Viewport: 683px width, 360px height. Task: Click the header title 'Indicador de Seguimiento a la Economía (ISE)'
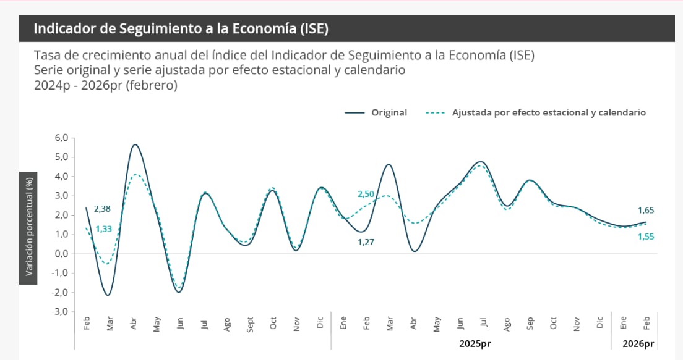point(180,29)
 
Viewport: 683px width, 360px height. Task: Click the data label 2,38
point(101,209)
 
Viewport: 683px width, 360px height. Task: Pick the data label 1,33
point(103,229)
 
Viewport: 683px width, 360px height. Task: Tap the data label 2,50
point(366,195)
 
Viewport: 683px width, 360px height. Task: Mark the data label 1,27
point(366,242)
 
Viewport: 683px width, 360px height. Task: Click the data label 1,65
point(645,211)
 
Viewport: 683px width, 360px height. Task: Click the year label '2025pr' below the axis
point(475,343)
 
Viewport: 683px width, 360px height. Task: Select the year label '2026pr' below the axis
point(638,343)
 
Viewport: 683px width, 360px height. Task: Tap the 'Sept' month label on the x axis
point(250,324)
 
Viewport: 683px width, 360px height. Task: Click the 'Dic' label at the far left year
point(320,322)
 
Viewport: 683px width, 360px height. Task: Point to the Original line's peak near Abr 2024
point(134,144)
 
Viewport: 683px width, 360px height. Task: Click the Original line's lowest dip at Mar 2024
point(108,295)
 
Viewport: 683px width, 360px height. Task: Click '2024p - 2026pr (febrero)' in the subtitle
point(106,85)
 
